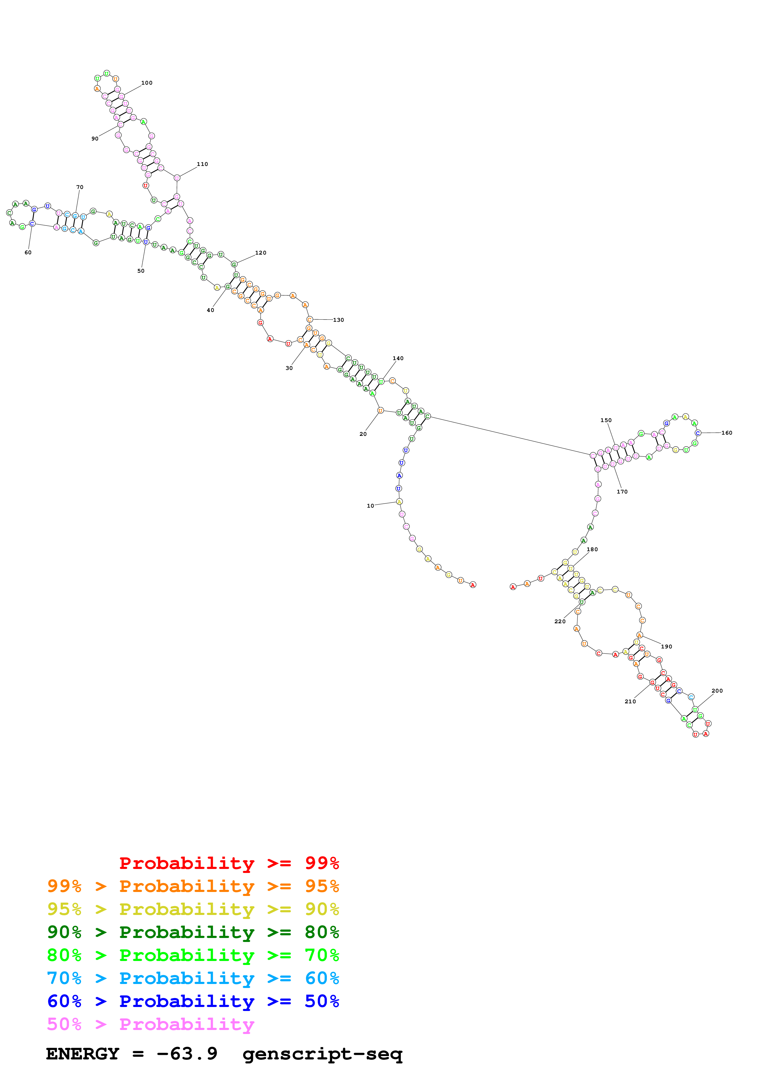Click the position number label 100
[147, 83]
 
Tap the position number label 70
[80, 187]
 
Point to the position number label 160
[726, 433]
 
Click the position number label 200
[717, 691]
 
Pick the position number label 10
[371, 506]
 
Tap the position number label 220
[560, 621]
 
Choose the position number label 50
[141, 271]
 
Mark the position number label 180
[592, 549]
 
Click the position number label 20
[363, 434]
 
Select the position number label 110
[202, 164]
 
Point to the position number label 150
[606, 421]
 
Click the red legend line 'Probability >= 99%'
[229, 863]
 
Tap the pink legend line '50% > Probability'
[150, 1024]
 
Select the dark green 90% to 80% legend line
[193, 932]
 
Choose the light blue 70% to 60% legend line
[193, 978]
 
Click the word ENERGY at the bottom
[83, 1054]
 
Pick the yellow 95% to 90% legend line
[193, 909]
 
